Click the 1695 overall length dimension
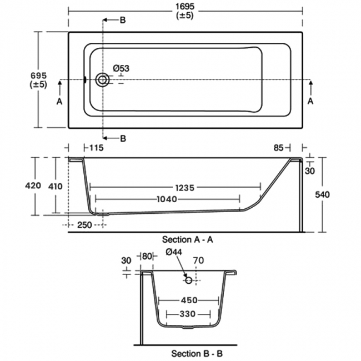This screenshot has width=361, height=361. (185, 5)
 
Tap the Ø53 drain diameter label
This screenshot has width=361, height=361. (121, 68)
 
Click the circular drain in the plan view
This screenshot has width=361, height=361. (102, 80)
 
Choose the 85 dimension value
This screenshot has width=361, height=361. (279, 148)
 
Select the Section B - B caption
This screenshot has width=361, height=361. (197, 353)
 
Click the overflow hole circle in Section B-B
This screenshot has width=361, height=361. (189, 280)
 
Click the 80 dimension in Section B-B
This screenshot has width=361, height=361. (147, 256)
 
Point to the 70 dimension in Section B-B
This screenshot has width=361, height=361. (199, 260)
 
